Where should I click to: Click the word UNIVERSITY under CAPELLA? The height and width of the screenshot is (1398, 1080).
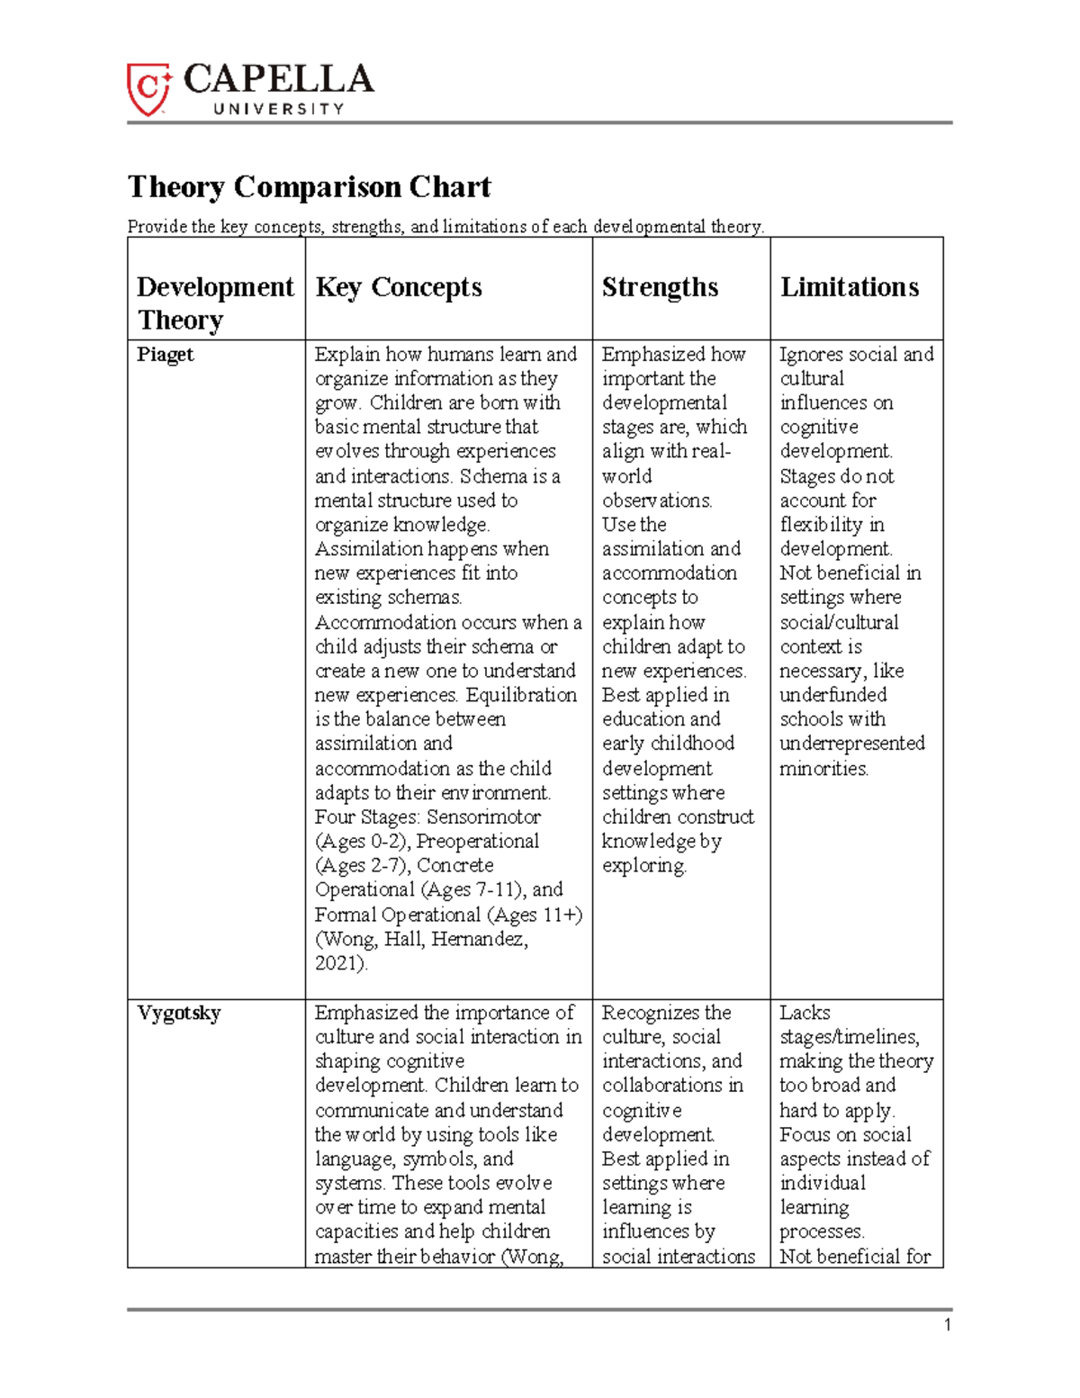tap(278, 109)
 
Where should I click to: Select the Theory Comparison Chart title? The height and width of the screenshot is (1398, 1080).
tap(309, 187)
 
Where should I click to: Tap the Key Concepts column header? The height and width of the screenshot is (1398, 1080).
tap(399, 287)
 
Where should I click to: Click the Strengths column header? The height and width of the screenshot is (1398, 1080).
tap(660, 287)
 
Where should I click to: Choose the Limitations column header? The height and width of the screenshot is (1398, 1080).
tap(849, 287)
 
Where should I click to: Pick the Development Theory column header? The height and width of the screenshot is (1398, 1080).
tap(214, 303)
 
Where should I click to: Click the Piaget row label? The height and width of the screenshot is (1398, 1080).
tap(165, 355)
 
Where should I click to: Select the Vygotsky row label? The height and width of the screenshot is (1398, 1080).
tap(178, 1014)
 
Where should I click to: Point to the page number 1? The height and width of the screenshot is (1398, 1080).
tap(947, 1324)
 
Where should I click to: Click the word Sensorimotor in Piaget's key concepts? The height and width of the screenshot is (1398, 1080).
tap(483, 817)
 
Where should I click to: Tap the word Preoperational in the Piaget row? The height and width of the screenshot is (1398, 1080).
tap(477, 842)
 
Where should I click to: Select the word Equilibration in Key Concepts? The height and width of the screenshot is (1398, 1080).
tap(521, 696)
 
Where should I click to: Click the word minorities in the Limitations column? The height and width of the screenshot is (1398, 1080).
tap(823, 769)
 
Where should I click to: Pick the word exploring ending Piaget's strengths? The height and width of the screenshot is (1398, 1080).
tap(643, 866)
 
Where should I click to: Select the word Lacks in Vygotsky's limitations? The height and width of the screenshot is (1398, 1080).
tap(805, 1014)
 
